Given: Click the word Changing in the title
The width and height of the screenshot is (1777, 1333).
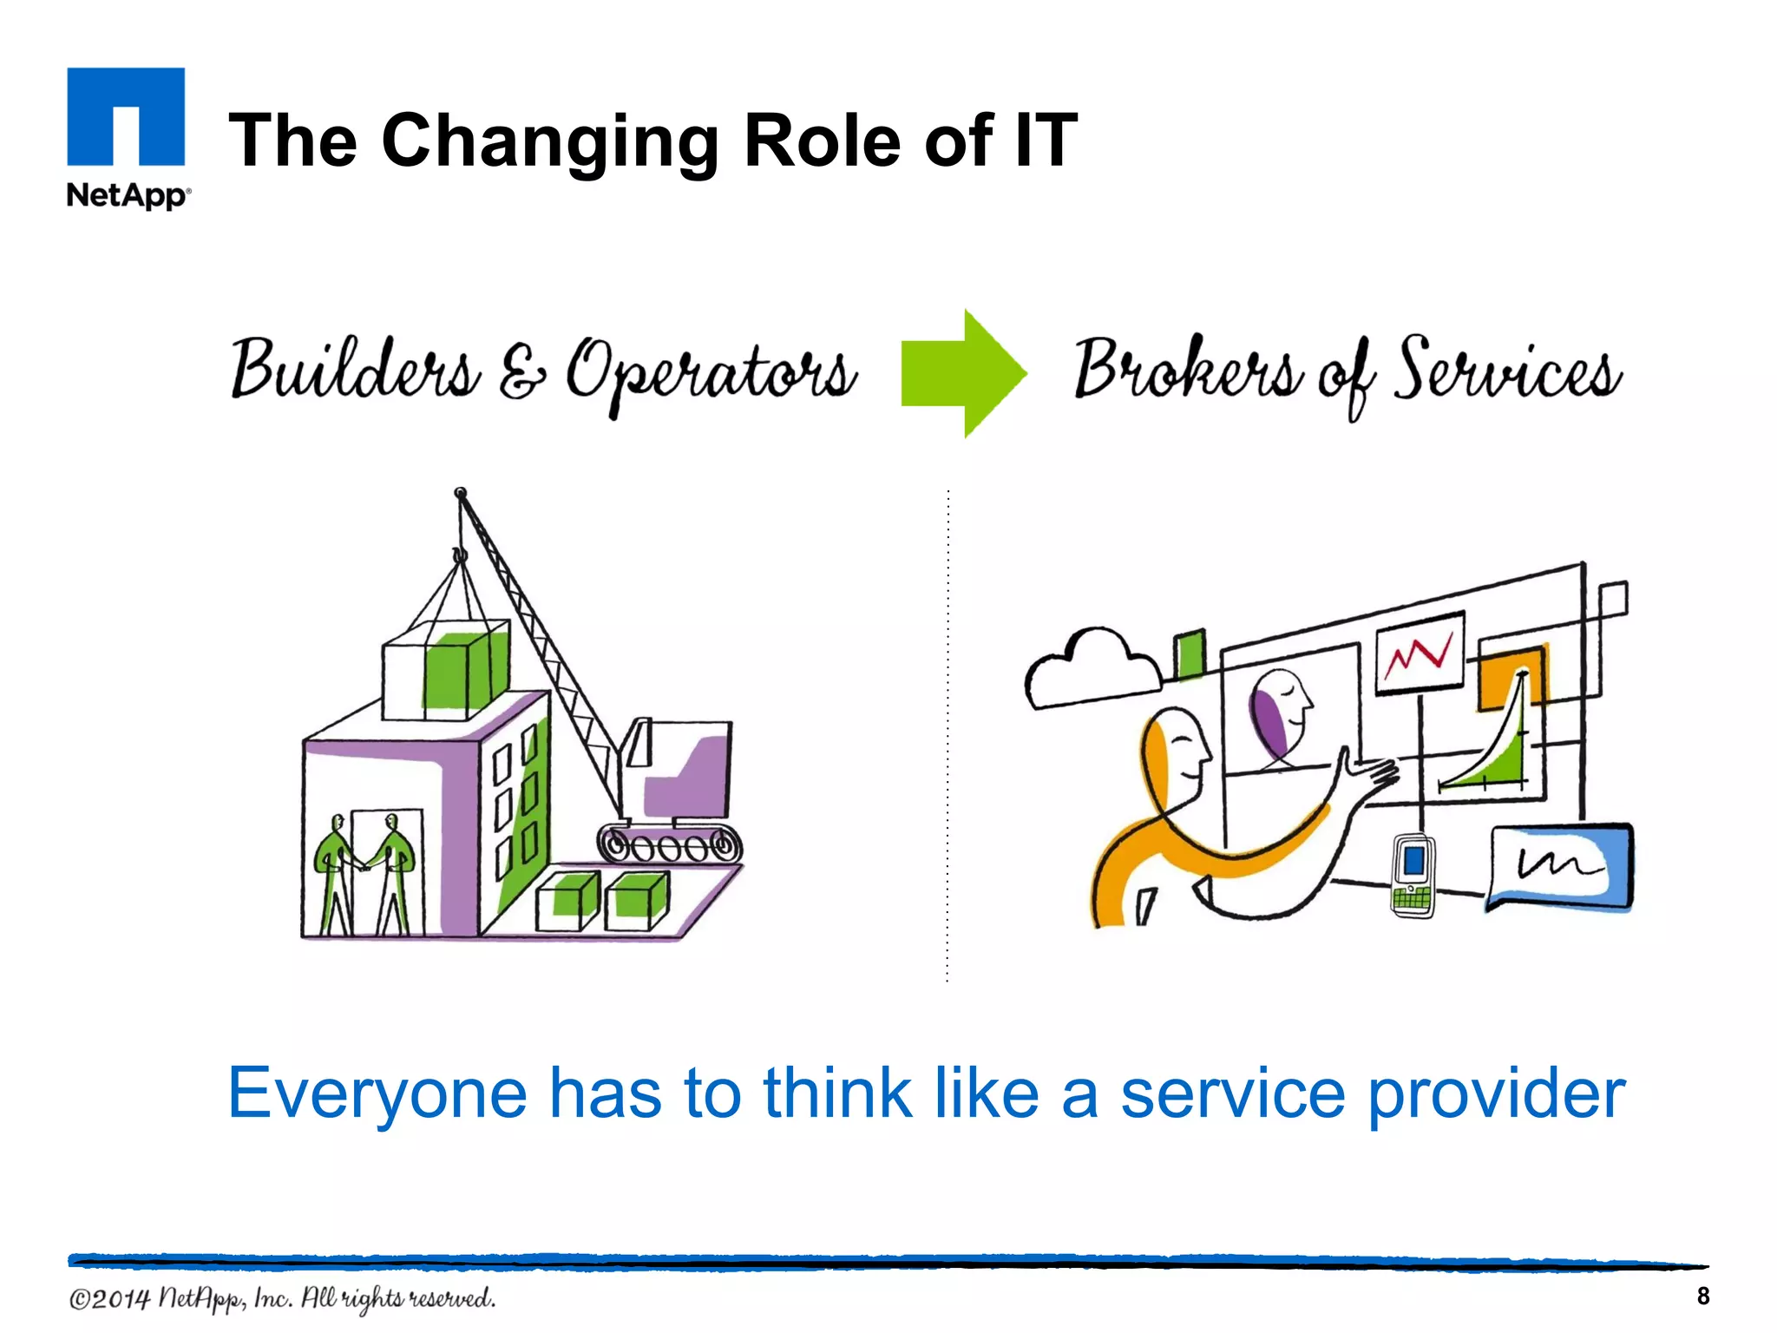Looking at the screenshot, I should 550,141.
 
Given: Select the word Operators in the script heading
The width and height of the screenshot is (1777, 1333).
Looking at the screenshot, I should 711,373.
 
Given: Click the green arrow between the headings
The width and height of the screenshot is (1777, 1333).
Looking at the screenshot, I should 963,373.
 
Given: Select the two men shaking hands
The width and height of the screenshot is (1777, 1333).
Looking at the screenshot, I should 364,872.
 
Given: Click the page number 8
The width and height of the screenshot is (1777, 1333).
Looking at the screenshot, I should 1702,1296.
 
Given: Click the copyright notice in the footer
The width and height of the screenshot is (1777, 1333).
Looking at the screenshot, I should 283,1298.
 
